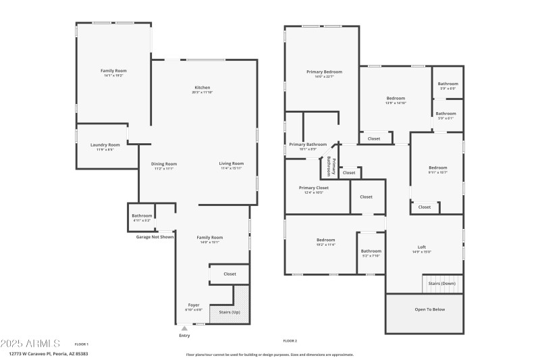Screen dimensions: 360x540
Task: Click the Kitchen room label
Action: pos(202,88)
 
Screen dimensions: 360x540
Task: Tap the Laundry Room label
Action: pos(105,145)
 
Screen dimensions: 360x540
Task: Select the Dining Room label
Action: pos(163,163)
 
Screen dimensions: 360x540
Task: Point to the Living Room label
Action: pos(231,163)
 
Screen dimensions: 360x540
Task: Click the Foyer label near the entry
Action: pos(193,305)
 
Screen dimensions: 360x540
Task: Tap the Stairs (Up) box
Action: pos(225,312)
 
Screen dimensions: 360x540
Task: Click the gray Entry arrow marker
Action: pos(184,329)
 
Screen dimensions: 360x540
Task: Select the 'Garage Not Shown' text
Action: pos(155,237)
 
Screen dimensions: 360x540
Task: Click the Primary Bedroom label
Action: pos(324,72)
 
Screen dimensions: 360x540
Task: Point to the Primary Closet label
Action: pos(314,188)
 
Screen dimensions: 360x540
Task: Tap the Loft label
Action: pos(422,247)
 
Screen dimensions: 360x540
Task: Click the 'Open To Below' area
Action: pos(424,310)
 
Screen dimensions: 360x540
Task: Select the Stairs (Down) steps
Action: pos(442,284)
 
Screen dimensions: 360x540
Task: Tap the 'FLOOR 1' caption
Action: pos(81,344)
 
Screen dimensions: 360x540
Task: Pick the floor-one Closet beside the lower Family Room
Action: pos(230,274)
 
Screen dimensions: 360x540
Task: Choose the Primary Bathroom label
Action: pos(308,145)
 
